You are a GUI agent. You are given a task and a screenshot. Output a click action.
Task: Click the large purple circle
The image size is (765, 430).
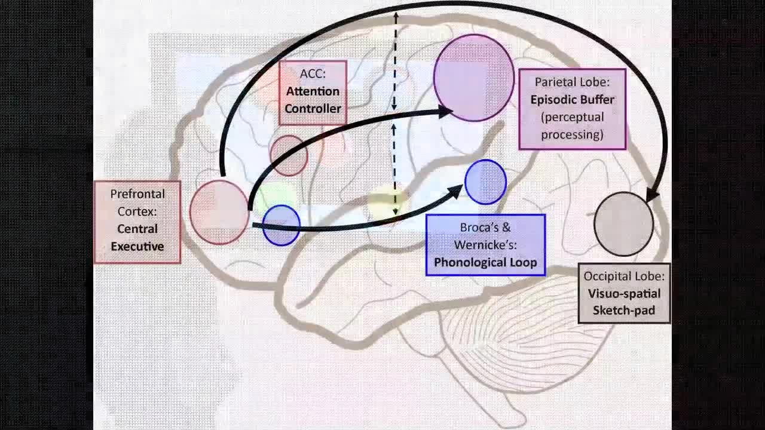point(474,78)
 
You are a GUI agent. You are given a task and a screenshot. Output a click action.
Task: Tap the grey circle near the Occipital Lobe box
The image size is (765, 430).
point(623,224)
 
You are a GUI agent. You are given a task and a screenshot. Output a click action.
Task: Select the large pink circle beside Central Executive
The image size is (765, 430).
point(219,212)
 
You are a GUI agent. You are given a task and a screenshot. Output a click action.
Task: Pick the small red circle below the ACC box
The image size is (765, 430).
point(289,155)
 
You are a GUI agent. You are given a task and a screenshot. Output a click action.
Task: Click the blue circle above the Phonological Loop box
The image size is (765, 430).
point(485,182)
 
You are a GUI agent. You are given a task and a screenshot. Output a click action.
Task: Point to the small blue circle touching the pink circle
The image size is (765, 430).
point(281,225)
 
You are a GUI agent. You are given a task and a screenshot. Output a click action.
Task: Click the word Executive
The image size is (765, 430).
point(137,246)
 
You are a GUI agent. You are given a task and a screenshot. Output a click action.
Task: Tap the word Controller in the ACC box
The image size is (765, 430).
point(313,109)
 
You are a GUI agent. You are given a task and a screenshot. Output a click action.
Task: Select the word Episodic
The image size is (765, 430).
point(553,99)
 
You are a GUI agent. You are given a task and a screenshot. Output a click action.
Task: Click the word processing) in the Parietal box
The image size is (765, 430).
point(572,134)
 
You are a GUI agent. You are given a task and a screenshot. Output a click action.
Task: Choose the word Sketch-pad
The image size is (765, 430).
point(623,311)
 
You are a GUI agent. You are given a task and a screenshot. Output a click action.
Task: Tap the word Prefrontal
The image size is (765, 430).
point(137,194)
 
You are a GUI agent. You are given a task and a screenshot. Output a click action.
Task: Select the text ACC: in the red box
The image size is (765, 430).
point(313,74)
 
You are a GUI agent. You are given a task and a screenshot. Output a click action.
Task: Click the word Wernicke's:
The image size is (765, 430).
point(485,245)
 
